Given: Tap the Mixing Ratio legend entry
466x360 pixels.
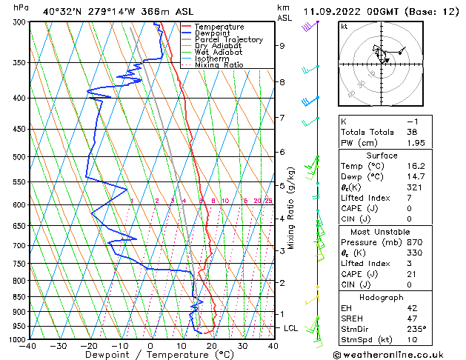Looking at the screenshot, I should tap(219, 65).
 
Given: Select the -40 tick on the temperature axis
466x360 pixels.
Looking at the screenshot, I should tap(29, 346).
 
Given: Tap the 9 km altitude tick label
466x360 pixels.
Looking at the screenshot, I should tap(282, 46).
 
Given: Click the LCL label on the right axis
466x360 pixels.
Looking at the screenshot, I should tap(292, 328).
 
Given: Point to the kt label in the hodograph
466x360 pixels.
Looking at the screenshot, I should tap(344, 26).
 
